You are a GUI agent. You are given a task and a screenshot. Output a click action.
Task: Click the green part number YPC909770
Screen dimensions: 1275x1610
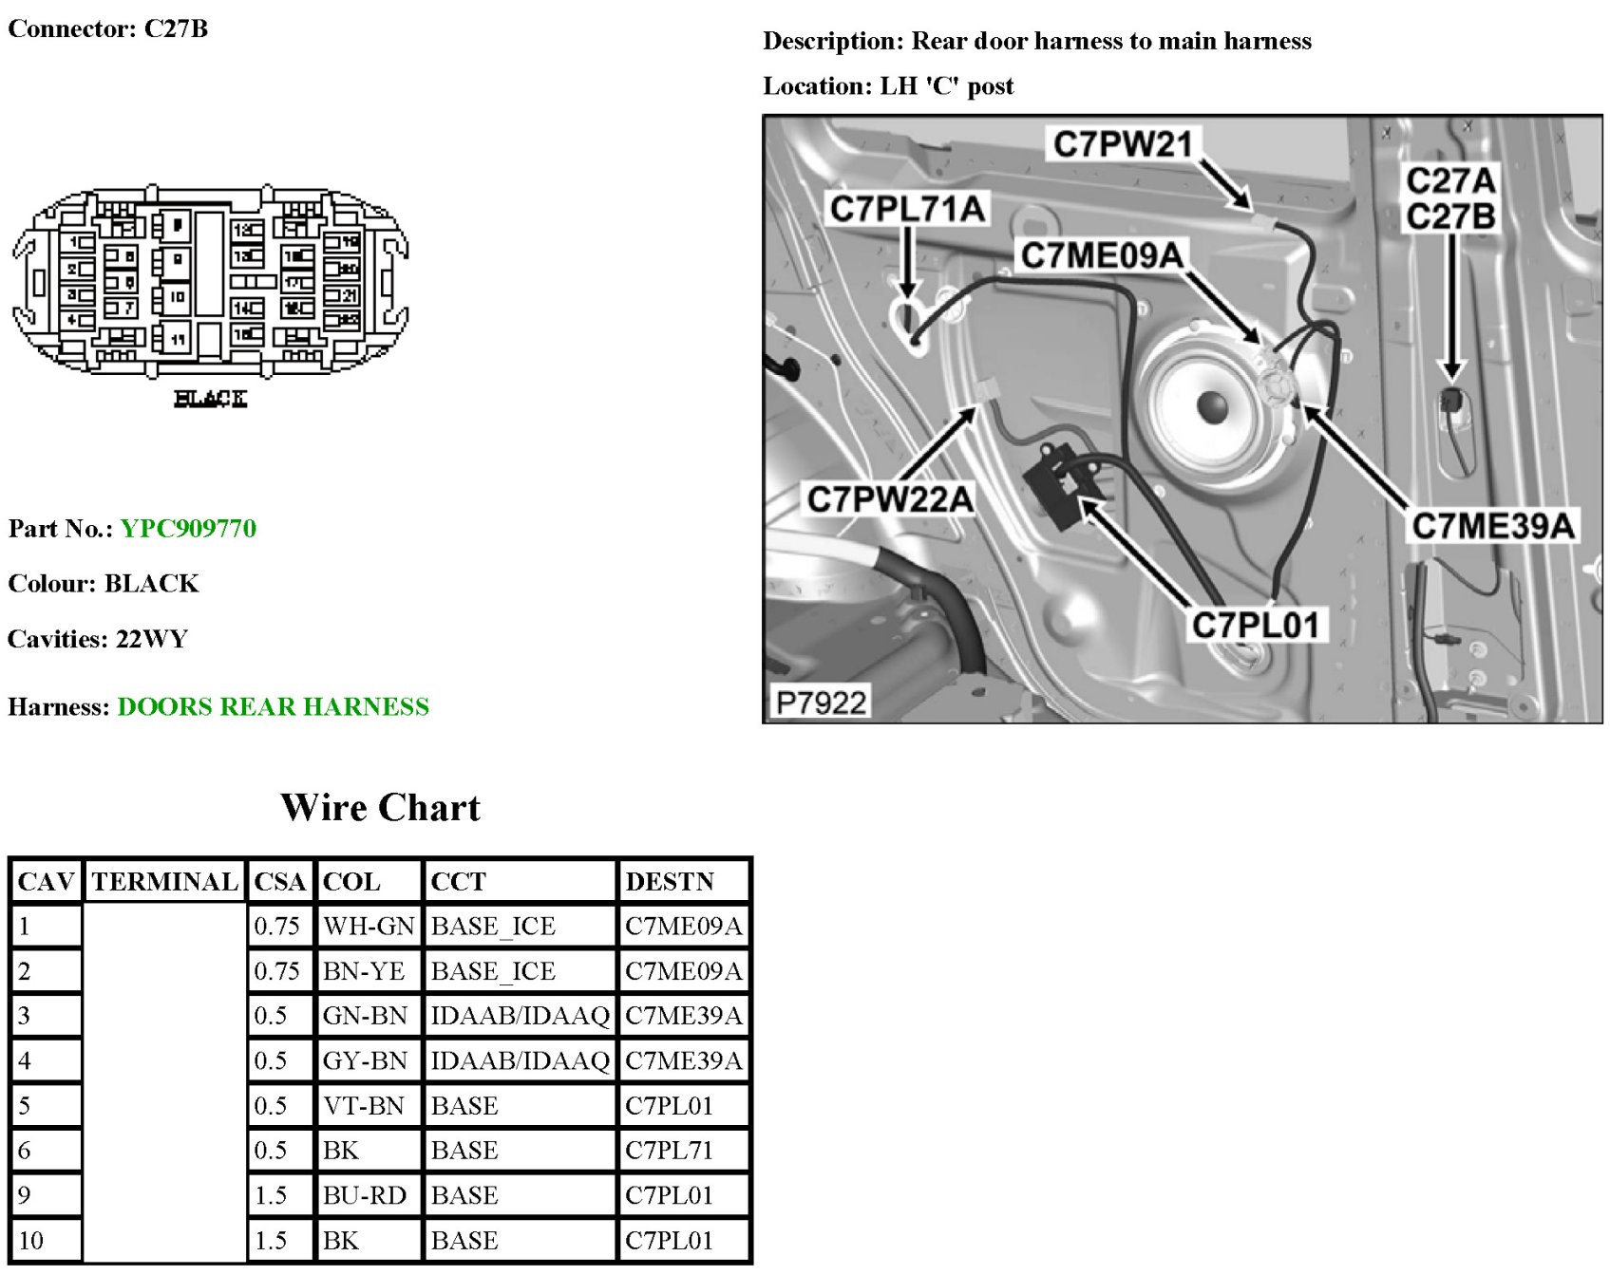(x=188, y=529)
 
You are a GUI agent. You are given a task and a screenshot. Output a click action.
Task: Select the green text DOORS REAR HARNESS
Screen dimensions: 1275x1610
(x=273, y=707)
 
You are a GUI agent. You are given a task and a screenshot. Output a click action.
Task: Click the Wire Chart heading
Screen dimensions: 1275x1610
(x=380, y=808)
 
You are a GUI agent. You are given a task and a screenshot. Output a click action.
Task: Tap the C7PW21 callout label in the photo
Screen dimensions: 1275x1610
(x=1122, y=144)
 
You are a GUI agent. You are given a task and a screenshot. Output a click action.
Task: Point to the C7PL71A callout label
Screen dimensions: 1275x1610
(x=907, y=209)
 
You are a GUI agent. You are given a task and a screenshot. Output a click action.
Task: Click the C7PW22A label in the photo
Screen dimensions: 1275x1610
(x=889, y=499)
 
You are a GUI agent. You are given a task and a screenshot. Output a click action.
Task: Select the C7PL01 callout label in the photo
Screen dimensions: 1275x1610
(x=1255, y=626)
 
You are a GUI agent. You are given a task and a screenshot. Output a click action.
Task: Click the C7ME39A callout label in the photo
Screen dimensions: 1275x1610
(x=1492, y=526)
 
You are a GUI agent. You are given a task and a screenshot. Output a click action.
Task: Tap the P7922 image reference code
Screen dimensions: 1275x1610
(x=821, y=703)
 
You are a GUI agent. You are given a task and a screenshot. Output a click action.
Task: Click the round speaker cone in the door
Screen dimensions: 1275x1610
(x=1213, y=406)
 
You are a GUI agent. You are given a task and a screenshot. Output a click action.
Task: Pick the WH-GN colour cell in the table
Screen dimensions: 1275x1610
(x=368, y=927)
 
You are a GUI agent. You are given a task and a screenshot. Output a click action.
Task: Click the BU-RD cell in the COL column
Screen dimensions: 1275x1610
(x=365, y=1195)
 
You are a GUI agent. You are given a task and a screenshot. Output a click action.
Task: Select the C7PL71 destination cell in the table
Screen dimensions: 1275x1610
(x=669, y=1151)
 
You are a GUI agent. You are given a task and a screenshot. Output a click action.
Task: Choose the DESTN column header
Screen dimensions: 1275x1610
(x=669, y=882)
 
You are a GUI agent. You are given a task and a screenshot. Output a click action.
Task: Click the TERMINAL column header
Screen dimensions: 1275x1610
(x=164, y=882)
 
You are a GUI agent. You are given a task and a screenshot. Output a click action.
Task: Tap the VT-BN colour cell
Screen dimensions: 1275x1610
(x=364, y=1106)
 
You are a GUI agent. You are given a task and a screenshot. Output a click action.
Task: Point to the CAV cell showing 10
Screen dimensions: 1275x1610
(x=31, y=1241)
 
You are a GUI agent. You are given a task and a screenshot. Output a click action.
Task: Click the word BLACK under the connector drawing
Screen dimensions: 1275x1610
(x=210, y=399)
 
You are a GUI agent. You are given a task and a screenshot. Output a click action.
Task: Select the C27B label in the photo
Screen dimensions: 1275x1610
(x=1450, y=217)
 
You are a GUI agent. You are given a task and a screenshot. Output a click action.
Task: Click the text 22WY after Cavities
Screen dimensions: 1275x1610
(x=152, y=639)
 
